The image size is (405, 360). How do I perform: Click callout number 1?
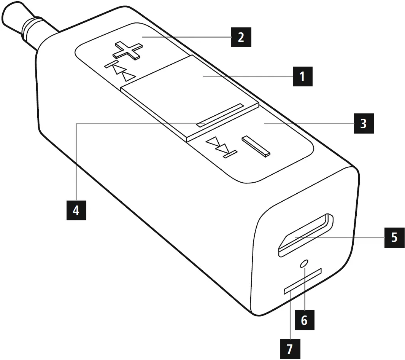[302, 76]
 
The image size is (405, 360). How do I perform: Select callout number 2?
[241, 37]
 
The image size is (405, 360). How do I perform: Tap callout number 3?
[364, 123]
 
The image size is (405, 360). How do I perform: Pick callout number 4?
[76, 210]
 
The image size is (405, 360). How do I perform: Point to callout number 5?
[394, 238]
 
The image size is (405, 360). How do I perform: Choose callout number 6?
[304, 320]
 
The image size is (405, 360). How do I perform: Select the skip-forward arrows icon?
[221, 148]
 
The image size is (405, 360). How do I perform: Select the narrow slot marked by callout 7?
[303, 281]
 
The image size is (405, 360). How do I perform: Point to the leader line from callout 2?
[186, 37]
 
